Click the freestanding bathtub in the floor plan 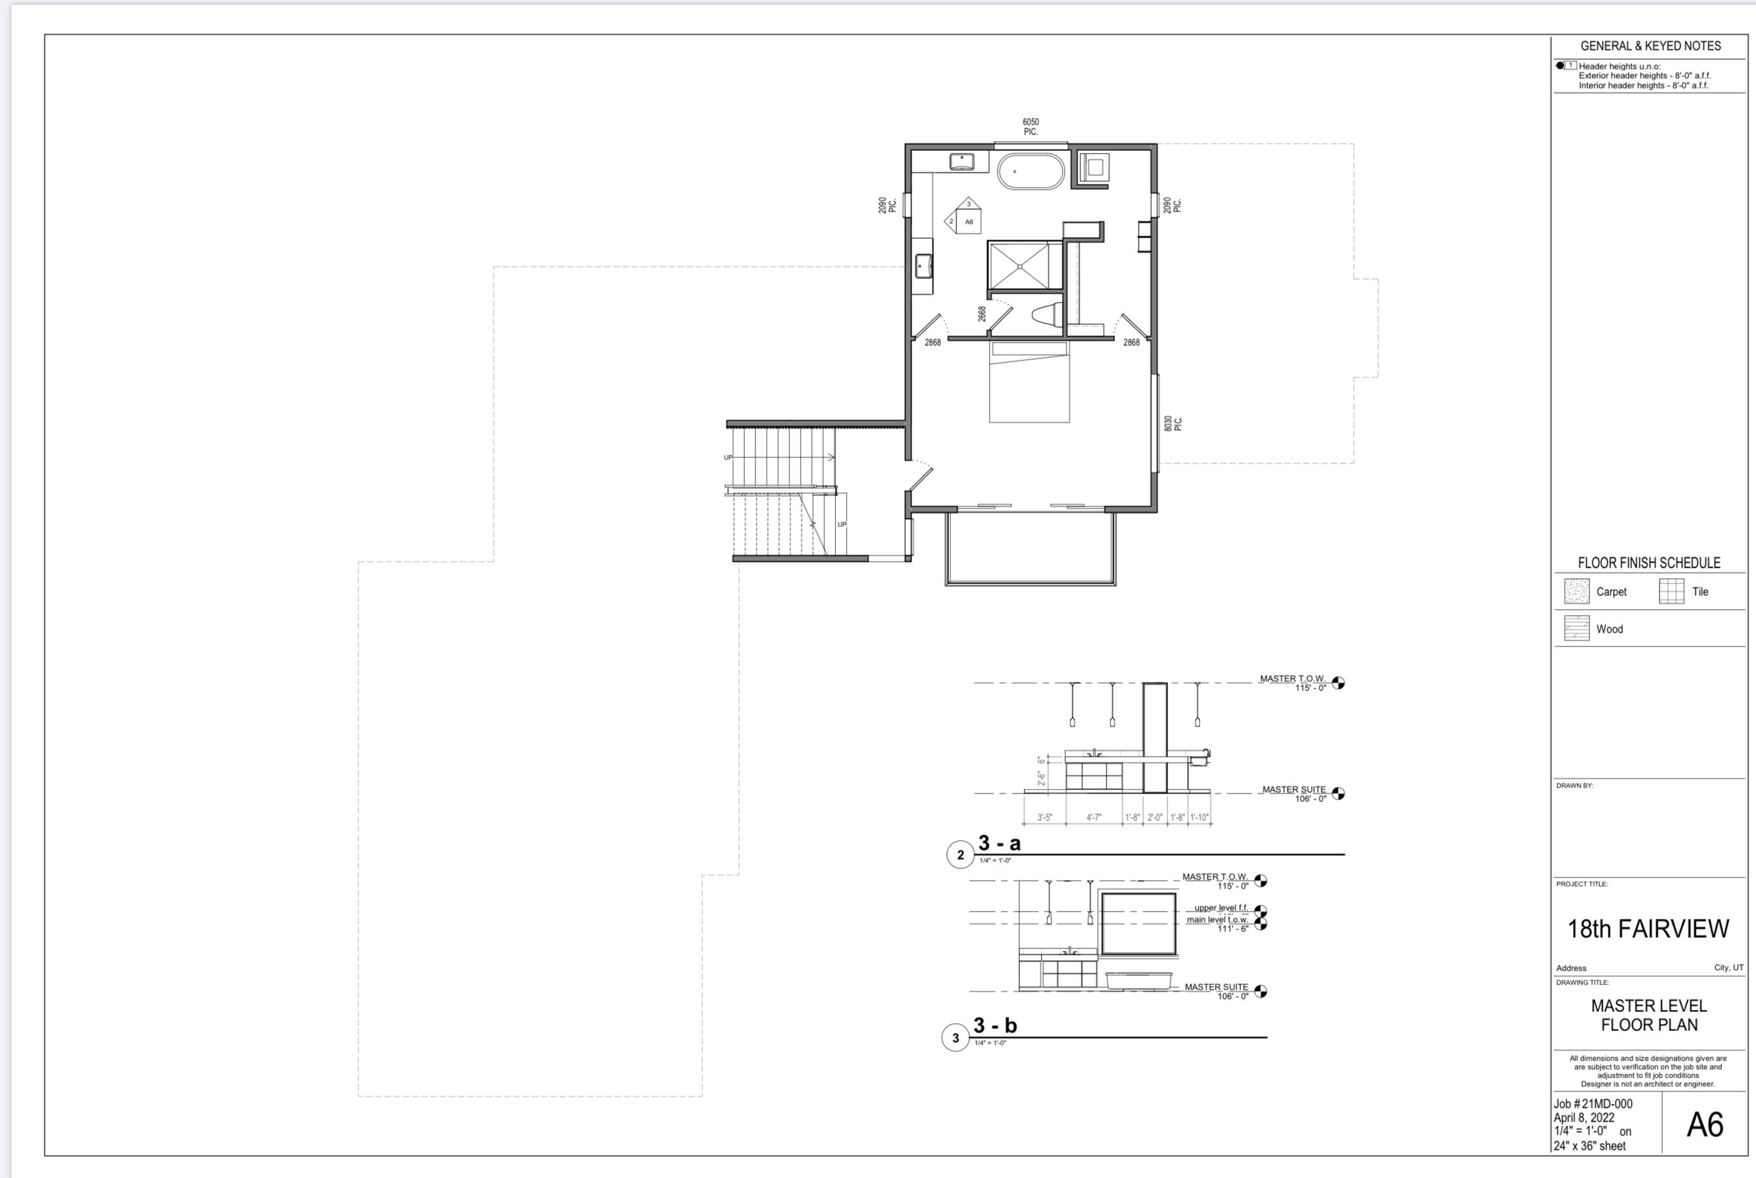(1030, 171)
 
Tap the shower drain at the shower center (1020, 266)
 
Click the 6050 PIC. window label (1030, 126)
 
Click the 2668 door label (982, 313)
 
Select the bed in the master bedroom (1029, 382)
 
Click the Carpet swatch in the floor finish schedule (1576, 591)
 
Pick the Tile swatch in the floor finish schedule (1671, 591)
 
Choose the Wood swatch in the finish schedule (1576, 628)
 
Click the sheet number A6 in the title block (1704, 1125)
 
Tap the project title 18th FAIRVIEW (1648, 929)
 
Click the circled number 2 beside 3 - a (960, 855)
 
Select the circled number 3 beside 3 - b (955, 1038)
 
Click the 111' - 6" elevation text (1232, 929)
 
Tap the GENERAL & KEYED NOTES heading (1650, 46)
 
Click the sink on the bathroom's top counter (961, 161)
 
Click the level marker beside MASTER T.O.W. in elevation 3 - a (1337, 683)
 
